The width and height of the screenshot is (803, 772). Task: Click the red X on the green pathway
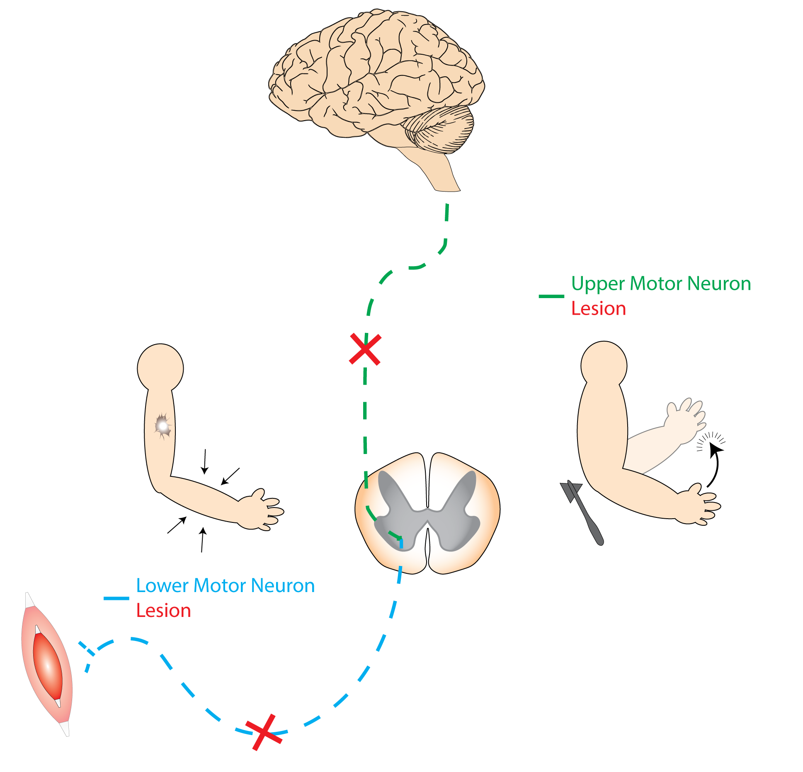(365, 349)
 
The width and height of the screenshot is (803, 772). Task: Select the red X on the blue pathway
(264, 732)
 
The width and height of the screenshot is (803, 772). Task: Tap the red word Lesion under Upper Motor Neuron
(598, 309)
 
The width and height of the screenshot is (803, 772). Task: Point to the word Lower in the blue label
(163, 586)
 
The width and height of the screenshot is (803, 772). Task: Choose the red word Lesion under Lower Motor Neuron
(163, 611)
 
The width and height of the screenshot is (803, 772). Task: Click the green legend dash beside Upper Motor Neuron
(551, 296)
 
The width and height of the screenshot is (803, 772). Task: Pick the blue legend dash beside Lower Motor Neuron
(116, 598)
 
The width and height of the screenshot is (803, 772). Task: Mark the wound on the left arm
(163, 426)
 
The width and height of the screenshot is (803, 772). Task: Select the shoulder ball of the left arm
(160, 368)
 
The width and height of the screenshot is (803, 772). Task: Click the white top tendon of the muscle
(29, 601)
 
